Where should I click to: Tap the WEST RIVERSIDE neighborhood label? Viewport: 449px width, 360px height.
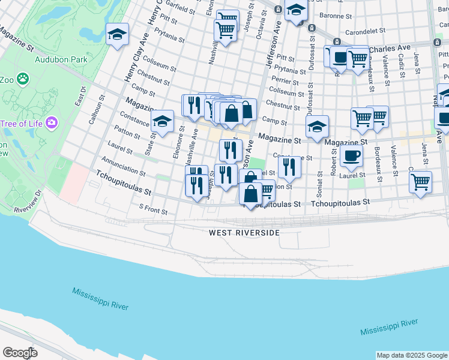coord(245,232)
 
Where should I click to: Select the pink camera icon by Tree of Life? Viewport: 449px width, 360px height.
coord(53,123)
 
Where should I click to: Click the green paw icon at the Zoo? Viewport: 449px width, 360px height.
coord(23,78)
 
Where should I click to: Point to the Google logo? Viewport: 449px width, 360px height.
coord(19,352)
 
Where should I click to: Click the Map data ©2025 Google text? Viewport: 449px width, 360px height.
coord(412,355)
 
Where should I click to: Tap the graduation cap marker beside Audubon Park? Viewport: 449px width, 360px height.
coord(117,35)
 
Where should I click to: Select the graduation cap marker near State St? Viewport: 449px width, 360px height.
coord(162,122)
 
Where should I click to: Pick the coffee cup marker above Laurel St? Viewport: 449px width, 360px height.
coord(351,155)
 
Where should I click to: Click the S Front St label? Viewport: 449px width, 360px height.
coord(152,208)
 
